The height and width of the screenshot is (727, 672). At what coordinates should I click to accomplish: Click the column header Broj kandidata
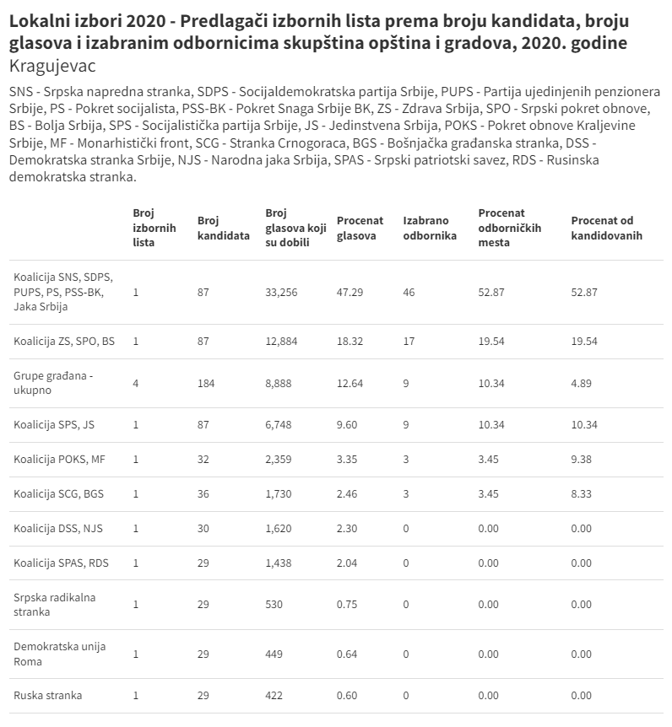pyautogui.click(x=223, y=228)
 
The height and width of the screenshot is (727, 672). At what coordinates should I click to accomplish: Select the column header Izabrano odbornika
pyautogui.click(x=430, y=228)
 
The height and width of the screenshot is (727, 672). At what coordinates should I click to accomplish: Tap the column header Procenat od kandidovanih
pyautogui.click(x=606, y=228)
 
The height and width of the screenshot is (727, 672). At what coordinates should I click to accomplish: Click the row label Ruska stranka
pyautogui.click(x=47, y=696)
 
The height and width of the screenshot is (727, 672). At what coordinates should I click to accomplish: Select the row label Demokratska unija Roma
pyautogui.click(x=60, y=654)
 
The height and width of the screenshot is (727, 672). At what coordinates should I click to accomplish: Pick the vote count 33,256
pyautogui.click(x=282, y=292)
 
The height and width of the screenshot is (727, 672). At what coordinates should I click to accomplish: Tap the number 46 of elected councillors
pyautogui.click(x=409, y=292)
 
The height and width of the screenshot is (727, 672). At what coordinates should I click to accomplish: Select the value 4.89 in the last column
pyautogui.click(x=582, y=383)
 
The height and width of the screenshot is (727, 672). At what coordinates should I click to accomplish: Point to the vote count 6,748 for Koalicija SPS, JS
pyautogui.click(x=279, y=425)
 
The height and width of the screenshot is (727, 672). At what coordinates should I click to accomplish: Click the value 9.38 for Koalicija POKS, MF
pyautogui.click(x=582, y=460)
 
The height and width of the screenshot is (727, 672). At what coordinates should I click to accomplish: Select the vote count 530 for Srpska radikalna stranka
pyautogui.click(x=274, y=605)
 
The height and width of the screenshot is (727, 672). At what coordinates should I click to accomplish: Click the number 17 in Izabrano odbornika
pyautogui.click(x=409, y=342)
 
